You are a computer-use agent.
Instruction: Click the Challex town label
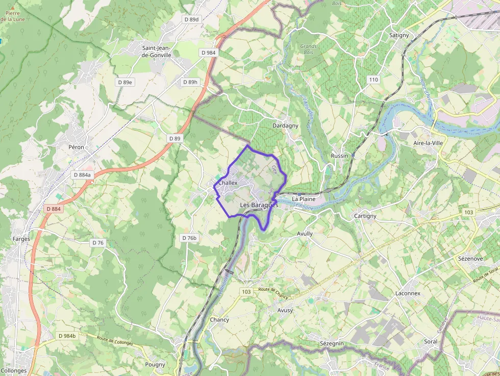228,183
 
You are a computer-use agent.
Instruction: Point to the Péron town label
76,147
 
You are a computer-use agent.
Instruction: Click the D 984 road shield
208,53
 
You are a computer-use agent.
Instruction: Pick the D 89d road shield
191,19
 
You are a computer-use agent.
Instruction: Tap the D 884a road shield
82,174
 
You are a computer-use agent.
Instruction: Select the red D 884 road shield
53,209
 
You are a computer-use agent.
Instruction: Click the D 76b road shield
189,238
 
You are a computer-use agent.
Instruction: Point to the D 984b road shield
67,336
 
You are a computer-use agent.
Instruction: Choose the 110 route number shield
374,80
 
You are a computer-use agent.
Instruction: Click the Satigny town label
399,35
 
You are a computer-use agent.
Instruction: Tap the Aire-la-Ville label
428,143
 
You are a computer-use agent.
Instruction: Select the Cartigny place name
365,216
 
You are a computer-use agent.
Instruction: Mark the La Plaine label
304,198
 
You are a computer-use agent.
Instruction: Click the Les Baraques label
259,205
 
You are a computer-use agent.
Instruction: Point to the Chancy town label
219,320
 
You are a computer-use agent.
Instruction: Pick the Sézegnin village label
332,344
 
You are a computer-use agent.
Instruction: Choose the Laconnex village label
408,293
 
